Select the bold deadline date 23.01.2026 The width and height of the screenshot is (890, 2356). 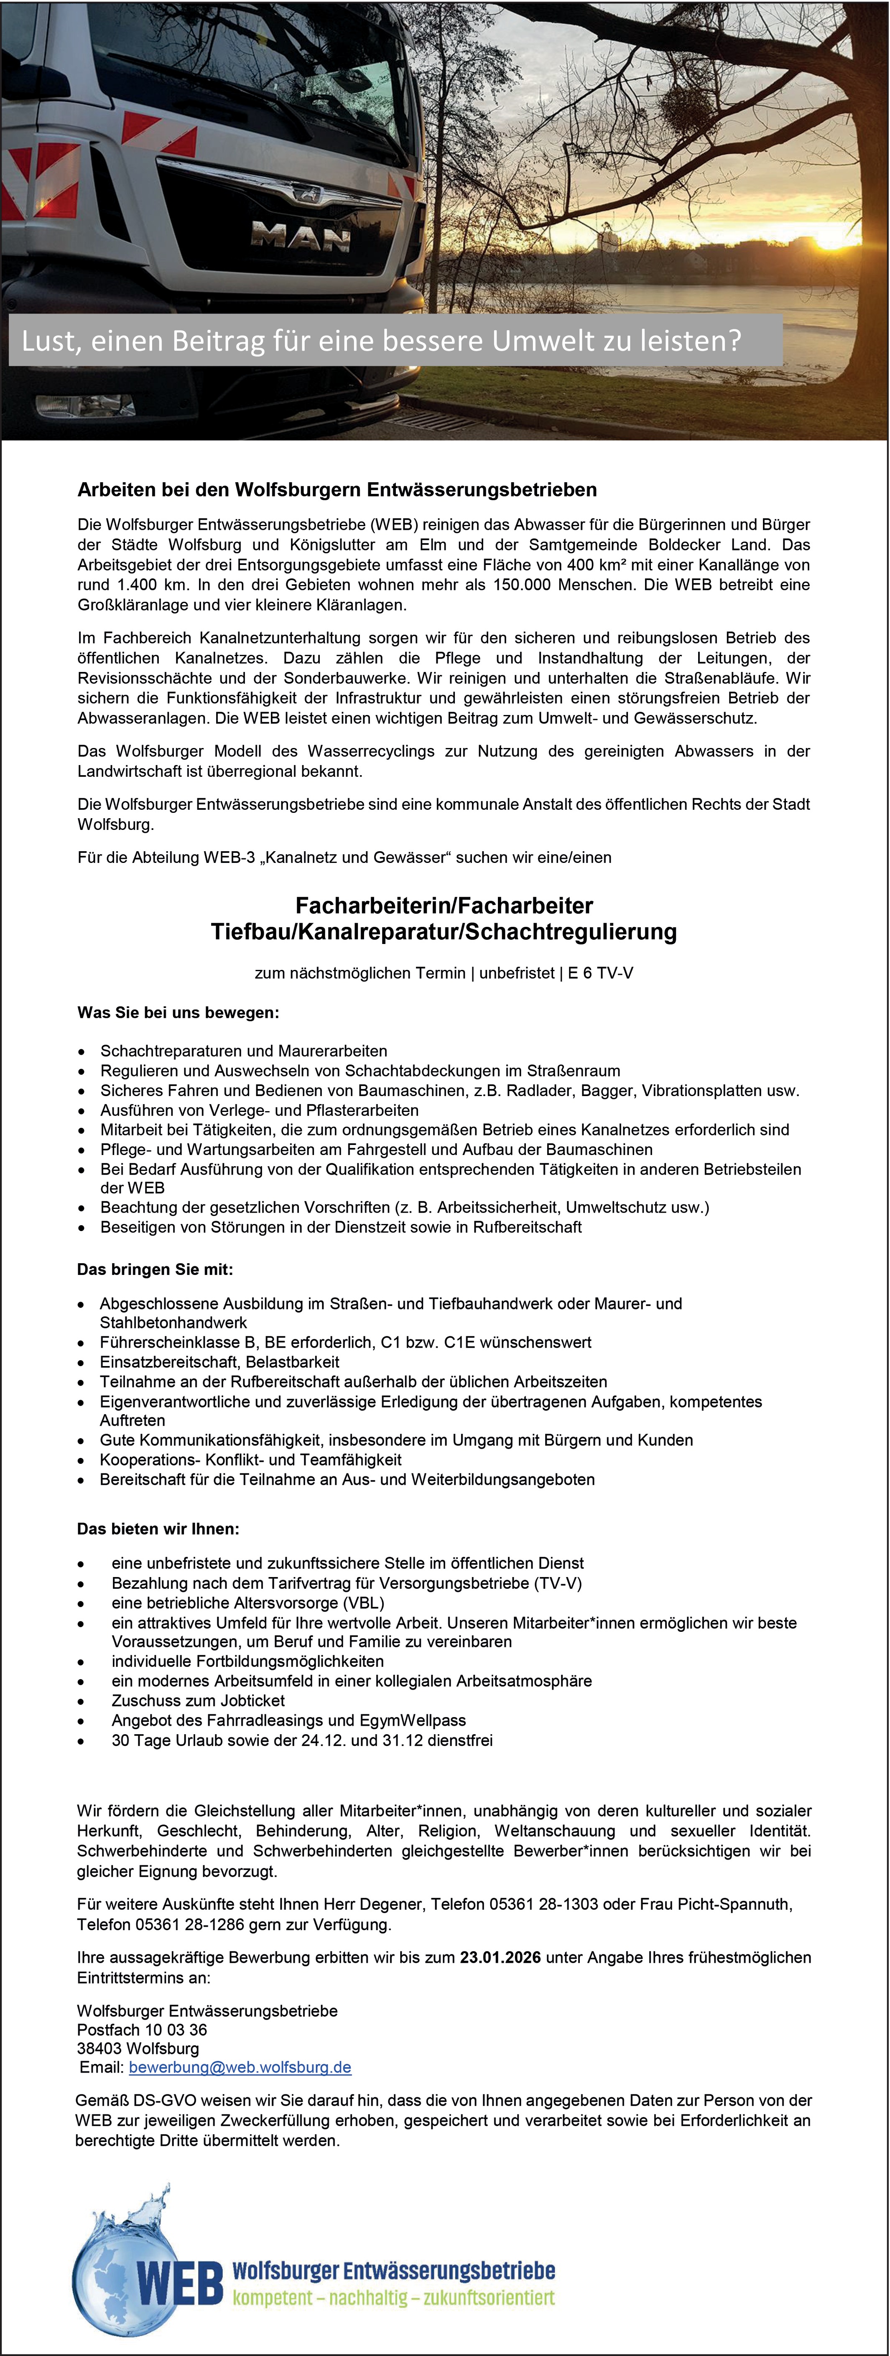pyautogui.click(x=500, y=1957)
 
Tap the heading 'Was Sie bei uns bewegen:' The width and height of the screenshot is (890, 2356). pyautogui.click(x=179, y=1013)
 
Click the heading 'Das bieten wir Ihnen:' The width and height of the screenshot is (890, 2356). pyautogui.click(x=158, y=1528)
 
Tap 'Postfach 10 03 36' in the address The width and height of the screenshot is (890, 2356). pyautogui.click(x=142, y=2030)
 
